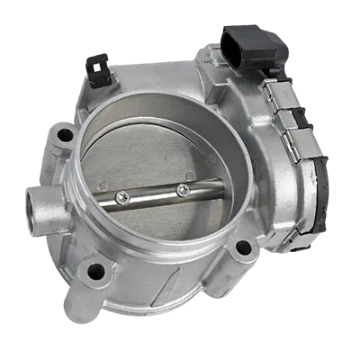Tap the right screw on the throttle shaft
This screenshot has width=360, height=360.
coord(183,189)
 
